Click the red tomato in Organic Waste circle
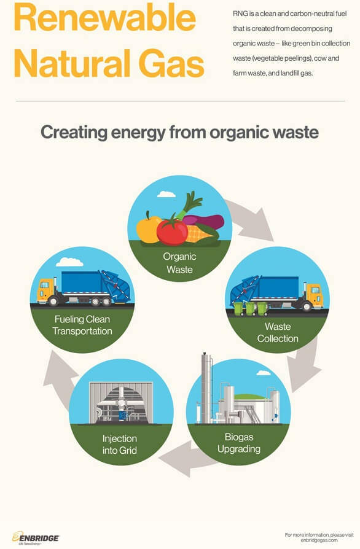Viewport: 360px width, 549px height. point(172,231)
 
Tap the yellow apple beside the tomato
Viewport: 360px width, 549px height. point(148,229)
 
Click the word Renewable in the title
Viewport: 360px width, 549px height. point(104,18)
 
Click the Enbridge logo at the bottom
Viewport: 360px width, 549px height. point(36,538)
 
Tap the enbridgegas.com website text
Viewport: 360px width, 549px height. point(319,540)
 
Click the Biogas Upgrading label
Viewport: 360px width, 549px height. point(239,443)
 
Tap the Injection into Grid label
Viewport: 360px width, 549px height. point(119,445)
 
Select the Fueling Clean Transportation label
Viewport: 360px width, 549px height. point(82,325)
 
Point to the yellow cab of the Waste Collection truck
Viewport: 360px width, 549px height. point(313,294)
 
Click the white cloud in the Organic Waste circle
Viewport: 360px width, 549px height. point(166,194)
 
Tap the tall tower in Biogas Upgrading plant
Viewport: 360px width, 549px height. point(206,388)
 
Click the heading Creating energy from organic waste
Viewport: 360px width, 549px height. point(179,133)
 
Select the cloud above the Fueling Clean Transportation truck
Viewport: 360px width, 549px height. point(69,262)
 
